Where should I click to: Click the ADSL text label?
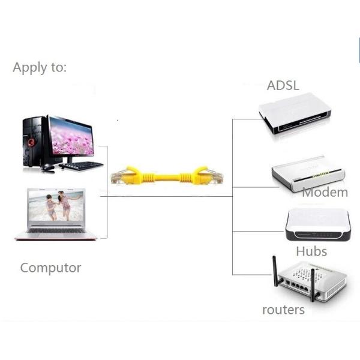point(283,85)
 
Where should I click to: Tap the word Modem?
point(325,193)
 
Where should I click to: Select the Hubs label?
point(311,251)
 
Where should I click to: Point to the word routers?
point(283,310)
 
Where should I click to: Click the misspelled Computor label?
point(50,268)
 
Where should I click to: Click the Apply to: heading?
point(40,68)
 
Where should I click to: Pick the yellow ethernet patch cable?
point(167,176)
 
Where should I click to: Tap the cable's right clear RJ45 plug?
point(216,176)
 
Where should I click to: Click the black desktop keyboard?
point(81,166)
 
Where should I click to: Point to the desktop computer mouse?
point(48,167)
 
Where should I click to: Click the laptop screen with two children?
point(56,205)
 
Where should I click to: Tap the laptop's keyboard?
point(56,230)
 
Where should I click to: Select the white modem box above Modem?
point(308,173)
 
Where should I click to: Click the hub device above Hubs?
point(318,224)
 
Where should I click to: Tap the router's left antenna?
point(275,271)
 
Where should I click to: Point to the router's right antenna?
point(312,284)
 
